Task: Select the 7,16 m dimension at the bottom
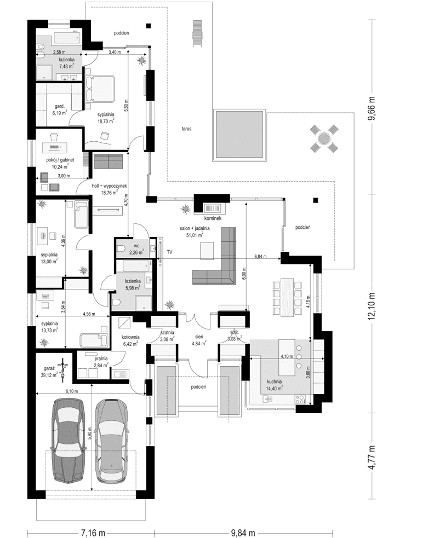(93, 532)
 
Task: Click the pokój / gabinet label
(61, 160)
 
